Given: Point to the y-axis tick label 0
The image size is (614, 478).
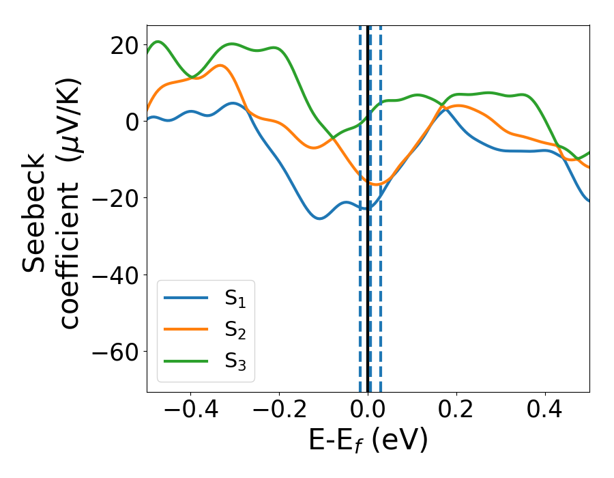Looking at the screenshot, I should pos(130,122).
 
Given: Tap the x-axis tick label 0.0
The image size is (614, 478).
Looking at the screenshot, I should pos(368,410).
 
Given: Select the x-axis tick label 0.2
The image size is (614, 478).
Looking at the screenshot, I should pos(457,410).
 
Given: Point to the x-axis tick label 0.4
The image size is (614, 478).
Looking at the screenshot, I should pos(546,410).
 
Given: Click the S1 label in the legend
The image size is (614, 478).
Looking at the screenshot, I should pos(235,298).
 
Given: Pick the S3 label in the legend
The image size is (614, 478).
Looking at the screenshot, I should pos(235,361).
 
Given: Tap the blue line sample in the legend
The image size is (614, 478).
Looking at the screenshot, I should pos(186,298).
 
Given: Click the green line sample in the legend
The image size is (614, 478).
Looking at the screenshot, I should pos(186,361).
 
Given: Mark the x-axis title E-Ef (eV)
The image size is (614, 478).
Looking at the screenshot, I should pos(368,441).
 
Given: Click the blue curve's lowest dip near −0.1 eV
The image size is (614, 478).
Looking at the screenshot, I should pos(319,218).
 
